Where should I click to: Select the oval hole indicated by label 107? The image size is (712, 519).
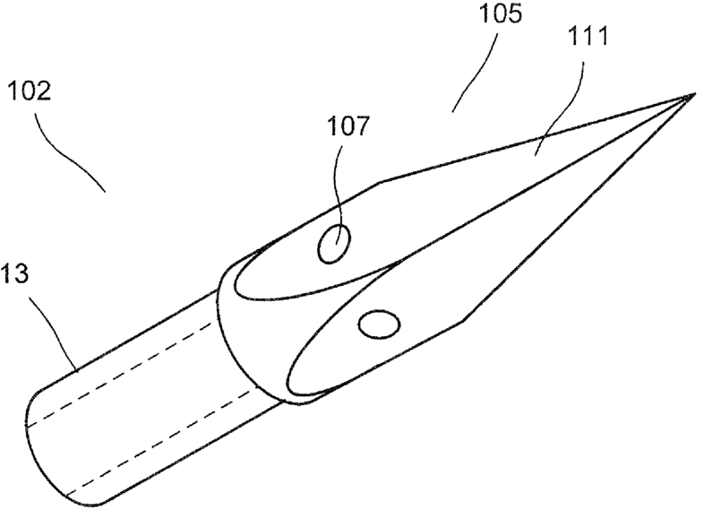[334, 244]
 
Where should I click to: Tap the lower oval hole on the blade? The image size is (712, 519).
[379, 324]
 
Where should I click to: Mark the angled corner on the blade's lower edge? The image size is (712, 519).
[461, 320]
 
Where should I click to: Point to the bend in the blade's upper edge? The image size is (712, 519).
[380, 182]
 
